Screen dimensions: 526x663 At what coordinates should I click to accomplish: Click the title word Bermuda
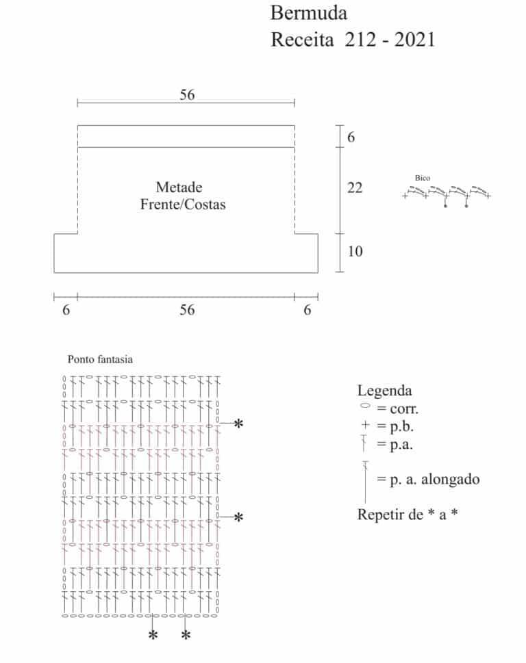(308, 13)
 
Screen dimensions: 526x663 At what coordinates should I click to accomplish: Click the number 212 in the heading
(360, 40)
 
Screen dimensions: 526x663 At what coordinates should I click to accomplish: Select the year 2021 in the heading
(415, 40)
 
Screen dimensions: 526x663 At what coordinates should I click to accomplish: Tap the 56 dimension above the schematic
(187, 94)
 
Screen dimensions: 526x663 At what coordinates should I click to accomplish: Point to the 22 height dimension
(355, 187)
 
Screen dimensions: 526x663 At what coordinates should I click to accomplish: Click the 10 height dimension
(355, 251)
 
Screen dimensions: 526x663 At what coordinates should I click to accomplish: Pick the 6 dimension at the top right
(351, 137)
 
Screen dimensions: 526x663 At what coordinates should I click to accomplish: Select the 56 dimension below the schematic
(187, 310)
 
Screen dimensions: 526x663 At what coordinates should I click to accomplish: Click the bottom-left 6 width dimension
(66, 310)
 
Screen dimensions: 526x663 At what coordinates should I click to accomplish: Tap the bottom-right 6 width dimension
(308, 310)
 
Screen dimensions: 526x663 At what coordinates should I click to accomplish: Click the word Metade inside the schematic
(179, 187)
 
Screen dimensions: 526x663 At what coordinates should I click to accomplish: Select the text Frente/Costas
(183, 204)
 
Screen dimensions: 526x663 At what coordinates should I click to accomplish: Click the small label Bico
(423, 178)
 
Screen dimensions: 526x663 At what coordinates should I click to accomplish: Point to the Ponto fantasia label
(100, 359)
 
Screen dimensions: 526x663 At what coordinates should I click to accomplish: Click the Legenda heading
(384, 390)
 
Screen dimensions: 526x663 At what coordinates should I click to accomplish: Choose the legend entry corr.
(404, 409)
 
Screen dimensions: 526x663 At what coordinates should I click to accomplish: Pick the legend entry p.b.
(401, 427)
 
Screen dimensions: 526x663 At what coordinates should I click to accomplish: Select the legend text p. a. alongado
(435, 480)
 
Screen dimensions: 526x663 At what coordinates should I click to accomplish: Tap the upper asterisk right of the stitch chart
(238, 424)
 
